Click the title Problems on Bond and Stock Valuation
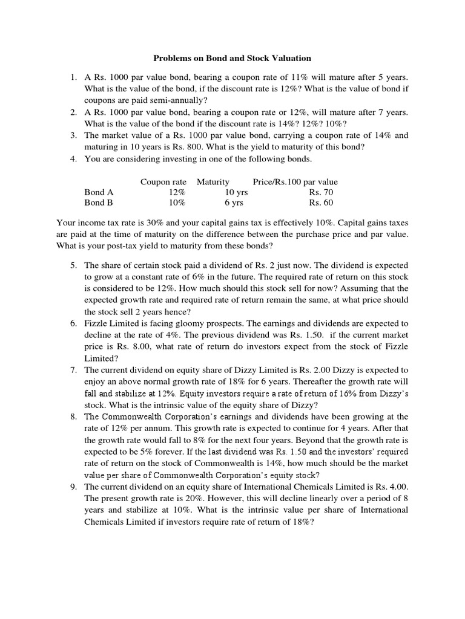[232, 58]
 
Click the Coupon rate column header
[163, 181]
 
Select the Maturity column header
[213, 181]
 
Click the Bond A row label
[99, 192]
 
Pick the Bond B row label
[99, 203]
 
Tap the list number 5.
[73, 265]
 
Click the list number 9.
[73, 487]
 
